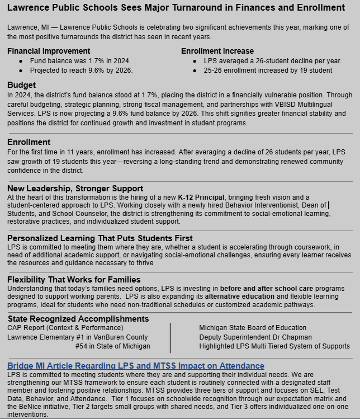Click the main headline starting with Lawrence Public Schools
click(x=176, y=8)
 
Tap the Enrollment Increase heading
click(x=217, y=51)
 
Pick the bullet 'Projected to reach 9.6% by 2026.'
click(x=81, y=70)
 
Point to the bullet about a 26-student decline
click(x=272, y=60)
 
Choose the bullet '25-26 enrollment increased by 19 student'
click(x=268, y=70)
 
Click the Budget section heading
click(x=21, y=85)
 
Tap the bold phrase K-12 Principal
click(x=202, y=197)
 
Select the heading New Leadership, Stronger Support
click(x=75, y=189)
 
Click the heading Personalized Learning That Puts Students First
click(x=100, y=238)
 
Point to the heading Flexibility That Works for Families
click(x=74, y=280)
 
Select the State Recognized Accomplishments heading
click(x=78, y=319)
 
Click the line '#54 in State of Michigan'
click(x=112, y=346)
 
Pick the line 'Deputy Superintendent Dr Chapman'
click(x=255, y=337)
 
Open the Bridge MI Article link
click(x=128, y=366)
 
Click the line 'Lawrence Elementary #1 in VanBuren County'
click(x=78, y=337)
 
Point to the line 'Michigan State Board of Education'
click(x=253, y=327)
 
